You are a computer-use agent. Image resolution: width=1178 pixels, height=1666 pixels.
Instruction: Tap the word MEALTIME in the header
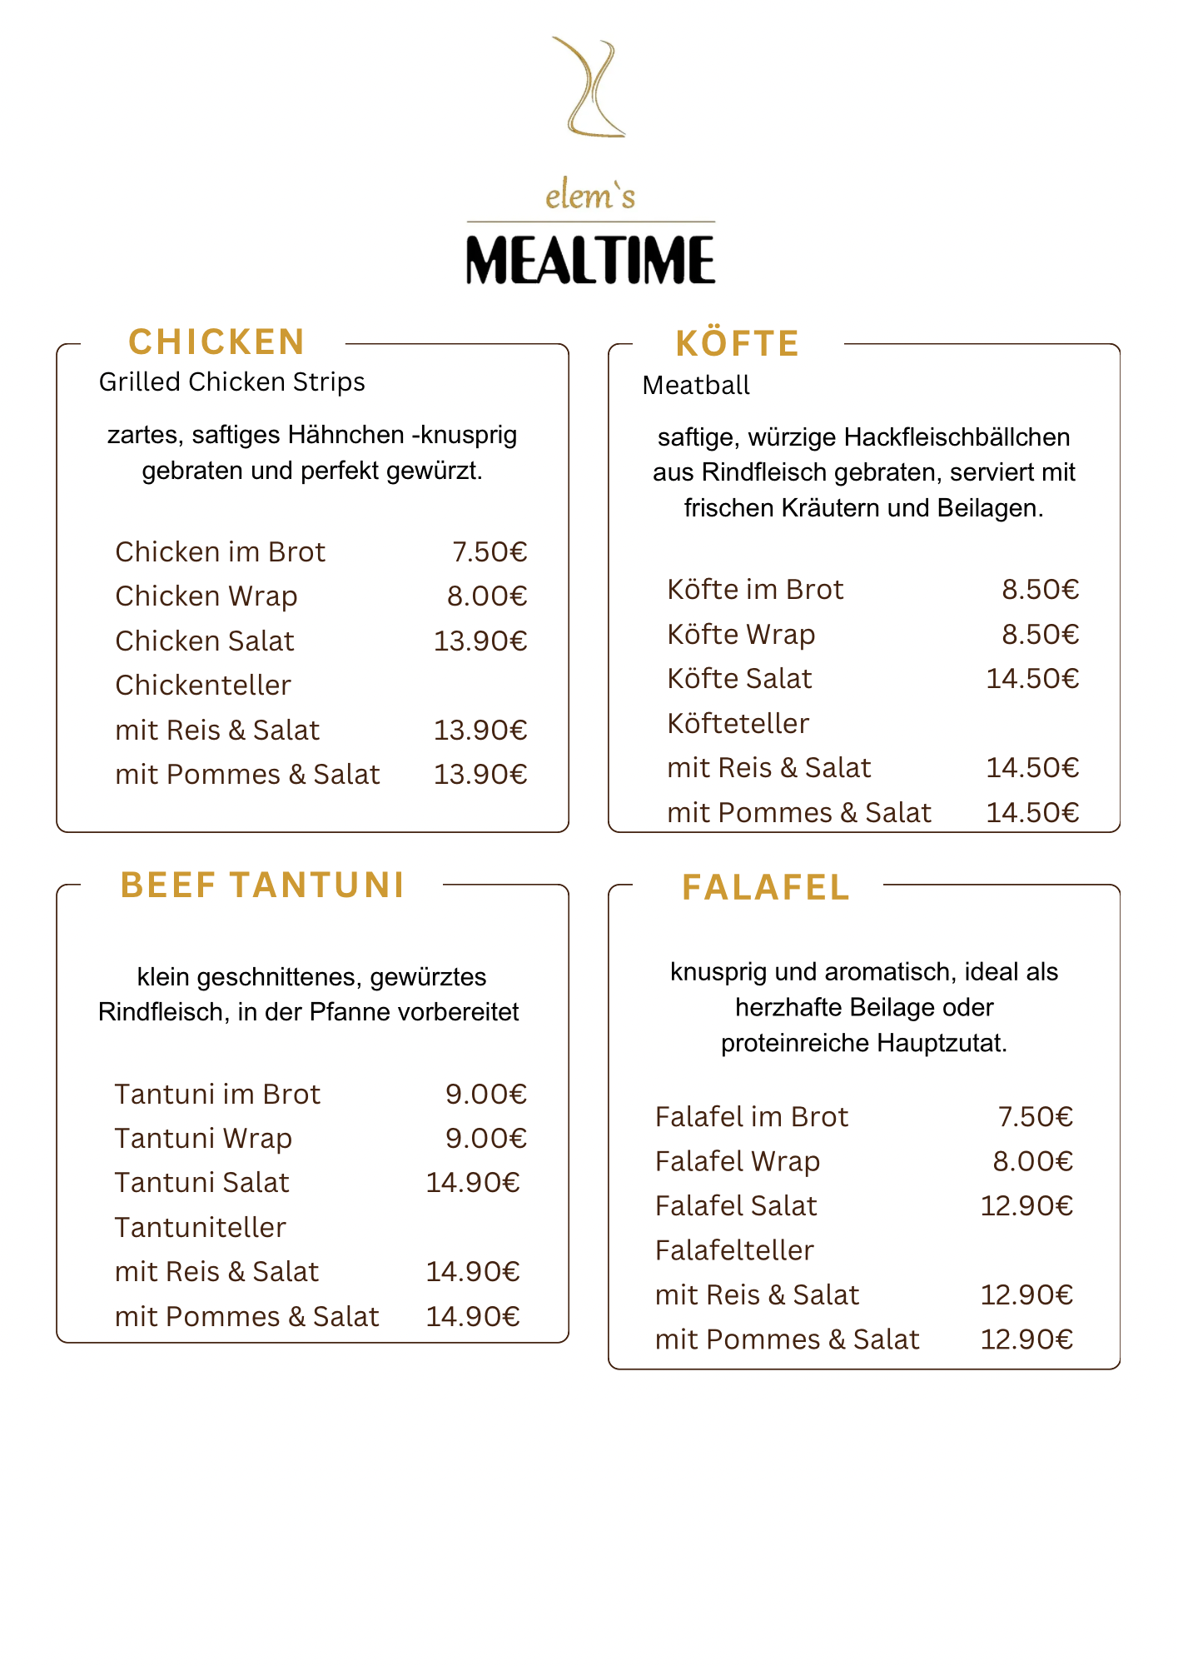[x=590, y=259]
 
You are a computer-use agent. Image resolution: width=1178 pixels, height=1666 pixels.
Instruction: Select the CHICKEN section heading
[x=216, y=342]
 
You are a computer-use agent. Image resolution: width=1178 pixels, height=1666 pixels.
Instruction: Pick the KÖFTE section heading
[x=737, y=344]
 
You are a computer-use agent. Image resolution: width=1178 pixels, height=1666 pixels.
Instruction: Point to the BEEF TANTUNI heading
[x=262, y=885]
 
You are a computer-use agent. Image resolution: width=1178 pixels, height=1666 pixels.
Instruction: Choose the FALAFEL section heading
[x=765, y=888]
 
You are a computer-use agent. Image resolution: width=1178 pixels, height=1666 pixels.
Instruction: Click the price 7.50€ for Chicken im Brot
[x=490, y=551]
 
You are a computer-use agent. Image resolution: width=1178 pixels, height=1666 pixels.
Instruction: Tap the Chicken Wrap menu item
[x=206, y=596]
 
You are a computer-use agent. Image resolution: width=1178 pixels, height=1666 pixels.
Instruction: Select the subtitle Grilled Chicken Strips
[x=231, y=382]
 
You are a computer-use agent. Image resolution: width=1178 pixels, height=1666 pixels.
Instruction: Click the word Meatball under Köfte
[x=696, y=385]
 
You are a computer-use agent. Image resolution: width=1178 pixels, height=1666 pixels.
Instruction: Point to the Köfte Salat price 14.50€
[x=1032, y=679]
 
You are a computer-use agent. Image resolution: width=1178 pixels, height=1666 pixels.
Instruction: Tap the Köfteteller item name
[x=738, y=723]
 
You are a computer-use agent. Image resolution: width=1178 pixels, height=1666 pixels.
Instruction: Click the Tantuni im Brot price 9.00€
[x=486, y=1094]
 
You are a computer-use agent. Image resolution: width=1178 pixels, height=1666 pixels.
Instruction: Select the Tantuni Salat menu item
[x=201, y=1183]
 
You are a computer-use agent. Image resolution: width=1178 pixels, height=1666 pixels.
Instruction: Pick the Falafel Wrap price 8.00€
[x=1032, y=1161]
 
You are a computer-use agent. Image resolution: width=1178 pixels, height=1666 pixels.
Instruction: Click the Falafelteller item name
[x=733, y=1250]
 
